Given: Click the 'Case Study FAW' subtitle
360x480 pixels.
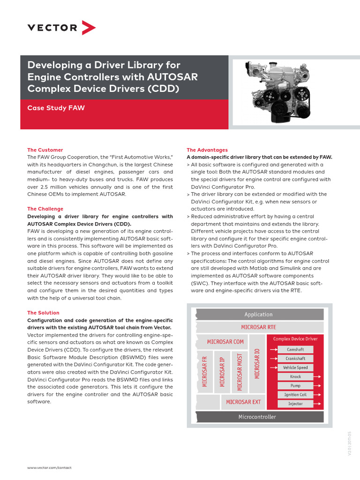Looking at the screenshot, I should pyautogui.click(x=56, y=108).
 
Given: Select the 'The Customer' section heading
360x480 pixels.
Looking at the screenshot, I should pyautogui.click(x=45, y=150).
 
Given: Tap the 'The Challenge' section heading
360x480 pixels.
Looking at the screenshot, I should pyautogui.click(x=45, y=209).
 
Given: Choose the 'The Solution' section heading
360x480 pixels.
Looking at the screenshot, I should pyautogui.click(x=43, y=313).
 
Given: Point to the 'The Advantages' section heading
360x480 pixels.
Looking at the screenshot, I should pyautogui.click(x=207, y=150).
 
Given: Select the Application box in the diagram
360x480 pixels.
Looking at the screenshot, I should pyautogui.click(x=259, y=315).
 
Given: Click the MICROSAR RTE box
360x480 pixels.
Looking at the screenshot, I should pyautogui.click(x=259, y=327).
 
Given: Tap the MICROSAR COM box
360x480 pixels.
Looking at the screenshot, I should pyautogui.click(x=225, y=342).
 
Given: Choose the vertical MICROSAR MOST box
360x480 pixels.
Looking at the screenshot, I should pyautogui.click(x=240, y=372).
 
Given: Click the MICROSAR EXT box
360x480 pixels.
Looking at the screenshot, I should pyautogui.click(x=243, y=402).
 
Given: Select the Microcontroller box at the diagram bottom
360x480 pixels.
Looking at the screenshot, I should pyautogui.click(x=257, y=417).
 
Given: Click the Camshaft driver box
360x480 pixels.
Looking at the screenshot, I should pyautogui.click(x=295, y=350).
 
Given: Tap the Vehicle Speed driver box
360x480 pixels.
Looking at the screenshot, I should pyautogui.click(x=295, y=368).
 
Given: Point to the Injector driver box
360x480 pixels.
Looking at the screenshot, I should pyautogui.click(x=295, y=404).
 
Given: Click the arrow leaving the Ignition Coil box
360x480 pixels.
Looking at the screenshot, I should pyautogui.click(x=318, y=395).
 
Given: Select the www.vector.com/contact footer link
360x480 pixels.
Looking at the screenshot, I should pyautogui.click(x=49, y=468).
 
